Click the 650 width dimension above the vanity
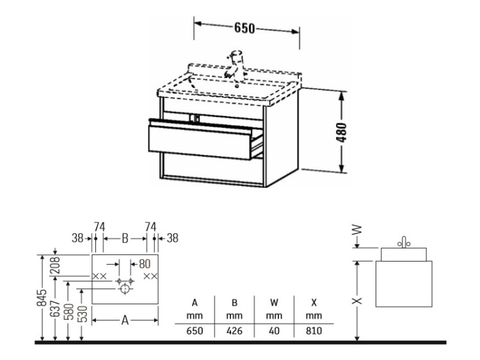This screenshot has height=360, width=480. coord(244,28)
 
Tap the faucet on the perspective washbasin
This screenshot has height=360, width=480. coord(234,65)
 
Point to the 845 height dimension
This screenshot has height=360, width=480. coord(42,297)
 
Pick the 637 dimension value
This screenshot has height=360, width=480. coord(55,309)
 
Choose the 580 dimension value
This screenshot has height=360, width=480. coord(70,311)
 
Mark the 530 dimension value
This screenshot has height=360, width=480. coord(83,314)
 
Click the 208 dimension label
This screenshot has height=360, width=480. coord(56,265)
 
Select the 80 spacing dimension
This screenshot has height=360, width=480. coord(145,264)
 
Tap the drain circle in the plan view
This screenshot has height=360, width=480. coord(125,288)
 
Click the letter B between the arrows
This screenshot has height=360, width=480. coord(125,239)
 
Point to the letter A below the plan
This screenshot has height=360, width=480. coord(125,320)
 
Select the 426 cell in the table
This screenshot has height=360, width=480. coord(234,331)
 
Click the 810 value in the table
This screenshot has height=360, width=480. coord(314,331)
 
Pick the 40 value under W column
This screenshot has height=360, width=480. coord(274,331)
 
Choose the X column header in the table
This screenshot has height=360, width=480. coord(314,303)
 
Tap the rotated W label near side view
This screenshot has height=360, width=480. coord(356,230)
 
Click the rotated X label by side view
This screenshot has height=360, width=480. coord(357,301)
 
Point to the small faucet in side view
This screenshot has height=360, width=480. coord(404,242)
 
